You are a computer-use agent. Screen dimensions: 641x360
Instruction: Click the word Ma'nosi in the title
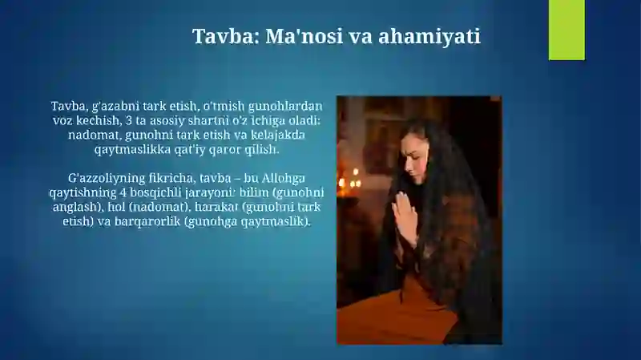(304, 36)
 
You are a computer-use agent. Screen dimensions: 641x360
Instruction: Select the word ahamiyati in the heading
(429, 36)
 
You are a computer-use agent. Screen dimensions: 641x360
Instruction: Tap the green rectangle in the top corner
(566, 30)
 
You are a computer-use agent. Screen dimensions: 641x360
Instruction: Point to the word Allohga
(284, 178)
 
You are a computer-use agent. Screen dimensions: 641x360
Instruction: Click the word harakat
(216, 207)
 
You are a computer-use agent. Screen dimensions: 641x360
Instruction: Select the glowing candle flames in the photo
(349, 179)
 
